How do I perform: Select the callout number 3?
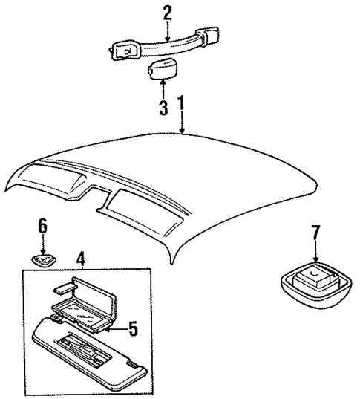pos(163,107)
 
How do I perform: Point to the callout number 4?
pos(81,259)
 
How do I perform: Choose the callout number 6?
pos(42,225)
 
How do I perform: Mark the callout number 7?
pos(315,233)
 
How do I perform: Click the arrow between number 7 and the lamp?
pos(315,253)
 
